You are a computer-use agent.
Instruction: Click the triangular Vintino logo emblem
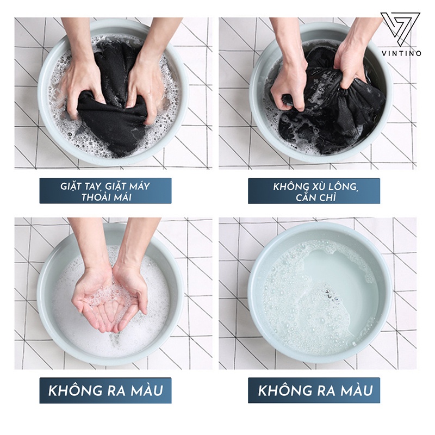tap(400, 30)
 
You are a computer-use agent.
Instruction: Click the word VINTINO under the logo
tap(401, 53)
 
